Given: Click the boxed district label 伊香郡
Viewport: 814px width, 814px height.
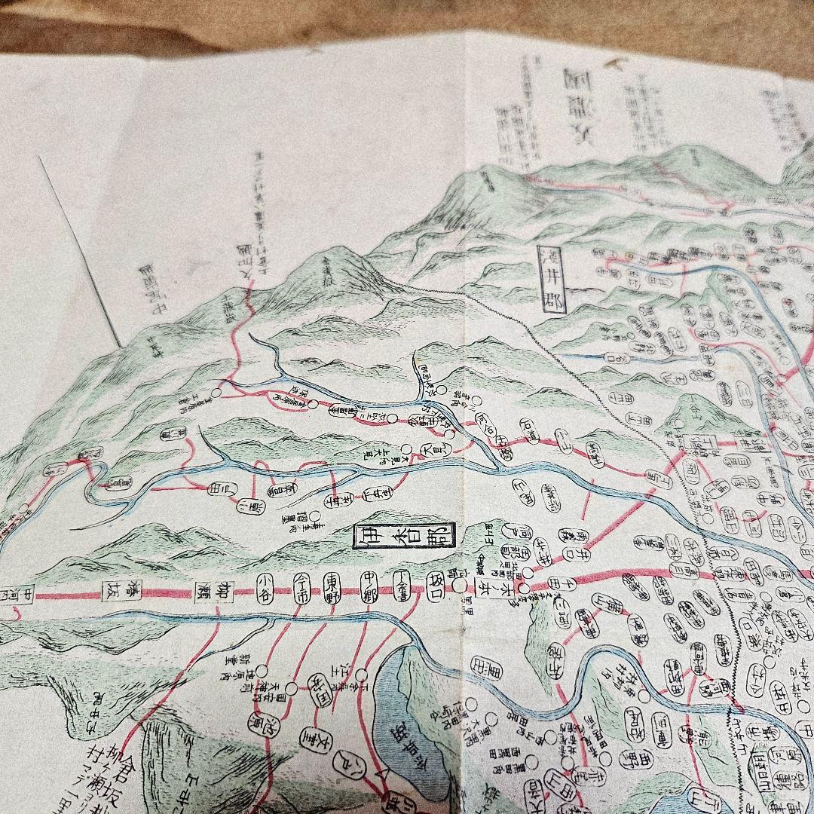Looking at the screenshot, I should [405, 538].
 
